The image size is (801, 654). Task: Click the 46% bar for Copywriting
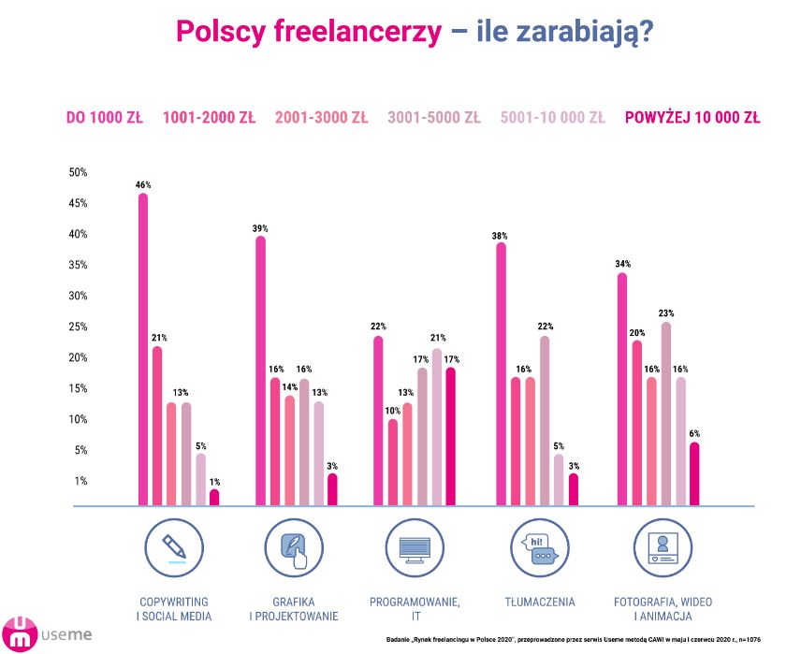(x=143, y=348)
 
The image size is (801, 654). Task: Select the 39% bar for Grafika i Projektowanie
(x=260, y=371)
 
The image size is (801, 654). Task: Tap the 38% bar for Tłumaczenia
(x=501, y=374)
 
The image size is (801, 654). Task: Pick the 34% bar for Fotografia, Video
(x=621, y=388)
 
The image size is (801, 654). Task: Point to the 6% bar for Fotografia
(x=693, y=473)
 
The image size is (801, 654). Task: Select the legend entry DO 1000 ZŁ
(x=104, y=118)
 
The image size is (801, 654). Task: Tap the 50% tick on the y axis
(x=78, y=172)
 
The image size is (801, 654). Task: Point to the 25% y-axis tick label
(x=78, y=327)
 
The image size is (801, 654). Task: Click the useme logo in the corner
(x=47, y=633)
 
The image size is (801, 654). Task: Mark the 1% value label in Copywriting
(x=214, y=482)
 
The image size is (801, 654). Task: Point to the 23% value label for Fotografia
(x=665, y=313)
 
